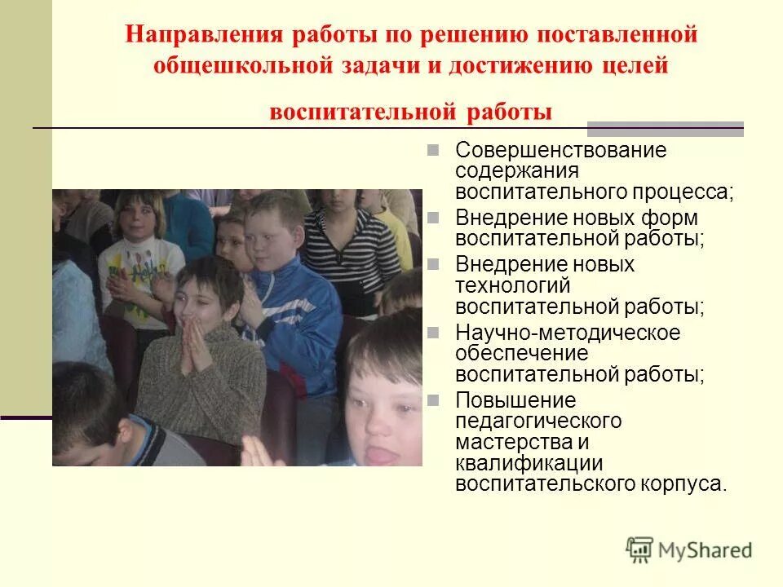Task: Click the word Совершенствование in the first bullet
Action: click(561, 151)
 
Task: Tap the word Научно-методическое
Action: click(568, 333)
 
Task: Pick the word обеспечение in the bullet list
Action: click(521, 354)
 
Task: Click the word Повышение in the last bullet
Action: click(515, 401)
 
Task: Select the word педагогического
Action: click(538, 421)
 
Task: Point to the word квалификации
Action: click(517, 463)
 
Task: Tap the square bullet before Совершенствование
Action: click(434, 151)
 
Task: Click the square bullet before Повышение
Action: click(434, 400)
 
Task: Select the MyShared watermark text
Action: click(706, 550)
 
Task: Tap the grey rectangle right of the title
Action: click(666, 128)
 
